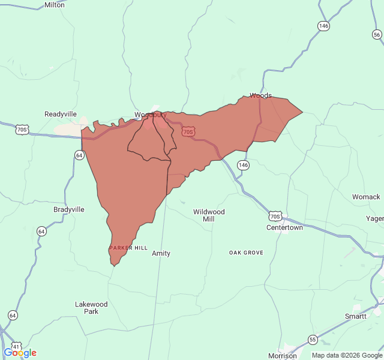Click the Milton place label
tap(55, 5)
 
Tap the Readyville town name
tap(61, 114)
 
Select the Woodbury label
tap(149, 115)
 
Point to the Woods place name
tap(260, 95)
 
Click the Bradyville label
tap(69, 209)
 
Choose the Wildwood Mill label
tap(209, 215)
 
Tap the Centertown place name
tap(284, 228)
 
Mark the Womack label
tap(366, 197)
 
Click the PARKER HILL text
tap(128, 248)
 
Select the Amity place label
tap(161, 253)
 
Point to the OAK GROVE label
tap(246, 253)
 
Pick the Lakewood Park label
tap(91, 308)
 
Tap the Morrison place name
tap(282, 356)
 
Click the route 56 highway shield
tap(377, 35)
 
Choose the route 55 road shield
tap(313, 340)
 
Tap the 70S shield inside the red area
tap(188, 131)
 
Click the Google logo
tap(20, 353)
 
